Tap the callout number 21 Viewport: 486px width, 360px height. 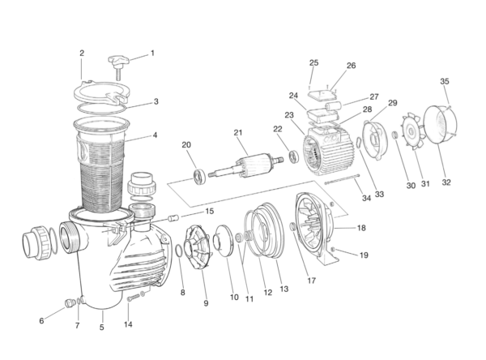tap(237, 133)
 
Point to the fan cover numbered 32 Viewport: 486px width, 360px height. tap(441, 124)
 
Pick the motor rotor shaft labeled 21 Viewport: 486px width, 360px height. tap(245, 165)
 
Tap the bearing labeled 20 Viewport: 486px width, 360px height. tap(200, 177)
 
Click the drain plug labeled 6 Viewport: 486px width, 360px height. tap(70, 303)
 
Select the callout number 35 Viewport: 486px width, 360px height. tap(445, 81)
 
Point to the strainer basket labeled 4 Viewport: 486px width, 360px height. tap(101, 165)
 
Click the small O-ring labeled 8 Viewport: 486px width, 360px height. tap(179, 251)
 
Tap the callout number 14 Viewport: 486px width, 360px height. tap(128, 324)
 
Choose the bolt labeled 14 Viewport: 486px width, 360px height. tap(134, 298)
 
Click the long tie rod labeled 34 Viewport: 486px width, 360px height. tap(342, 179)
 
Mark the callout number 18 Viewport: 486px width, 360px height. tap(361, 228)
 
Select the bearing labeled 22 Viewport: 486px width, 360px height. tap(294, 156)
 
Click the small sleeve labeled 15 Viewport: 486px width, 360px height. tap(173, 218)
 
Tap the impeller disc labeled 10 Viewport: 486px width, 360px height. tap(224, 241)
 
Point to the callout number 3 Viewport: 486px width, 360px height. tap(156, 101)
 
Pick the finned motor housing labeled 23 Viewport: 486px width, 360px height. tap(329, 151)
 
